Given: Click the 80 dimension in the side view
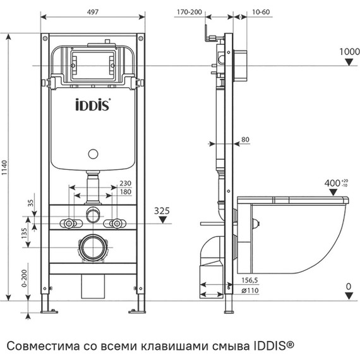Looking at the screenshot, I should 246,139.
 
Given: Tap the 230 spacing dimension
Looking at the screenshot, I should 125,183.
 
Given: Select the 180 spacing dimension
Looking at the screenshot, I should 125,191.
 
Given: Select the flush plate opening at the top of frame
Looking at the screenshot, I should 93,63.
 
